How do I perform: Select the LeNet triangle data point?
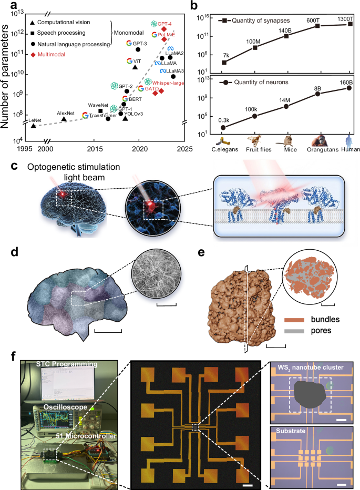click(34, 125)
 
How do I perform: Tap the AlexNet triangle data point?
click(64, 119)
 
